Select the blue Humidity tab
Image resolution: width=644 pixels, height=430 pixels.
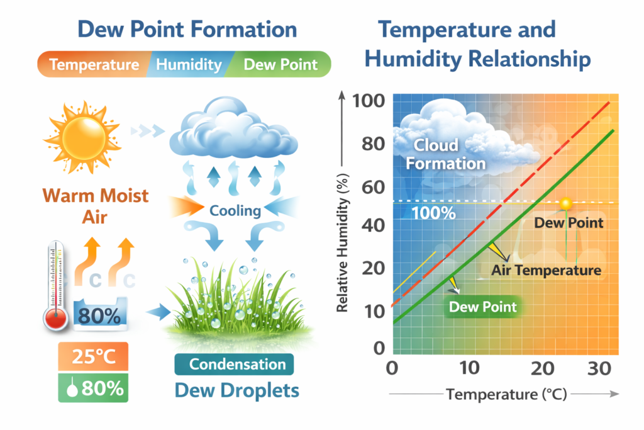(x=189, y=65)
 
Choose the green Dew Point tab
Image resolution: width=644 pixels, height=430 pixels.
(x=280, y=65)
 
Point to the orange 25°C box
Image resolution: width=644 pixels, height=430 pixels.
(x=93, y=358)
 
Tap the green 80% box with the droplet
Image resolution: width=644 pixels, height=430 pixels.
(x=93, y=388)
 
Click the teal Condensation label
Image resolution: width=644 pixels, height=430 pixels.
(x=237, y=364)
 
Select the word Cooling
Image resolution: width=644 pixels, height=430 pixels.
(x=235, y=210)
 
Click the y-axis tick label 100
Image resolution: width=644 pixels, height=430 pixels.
(x=369, y=101)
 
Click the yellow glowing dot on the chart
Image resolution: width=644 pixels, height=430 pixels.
(x=565, y=203)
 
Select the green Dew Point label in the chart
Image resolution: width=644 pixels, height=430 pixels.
(x=482, y=307)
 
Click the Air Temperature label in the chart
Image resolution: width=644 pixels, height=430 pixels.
(x=546, y=271)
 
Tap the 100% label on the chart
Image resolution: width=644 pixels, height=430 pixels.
(x=433, y=213)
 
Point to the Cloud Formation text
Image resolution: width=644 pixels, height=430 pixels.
(x=445, y=154)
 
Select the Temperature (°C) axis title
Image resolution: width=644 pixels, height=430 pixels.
(x=506, y=395)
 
